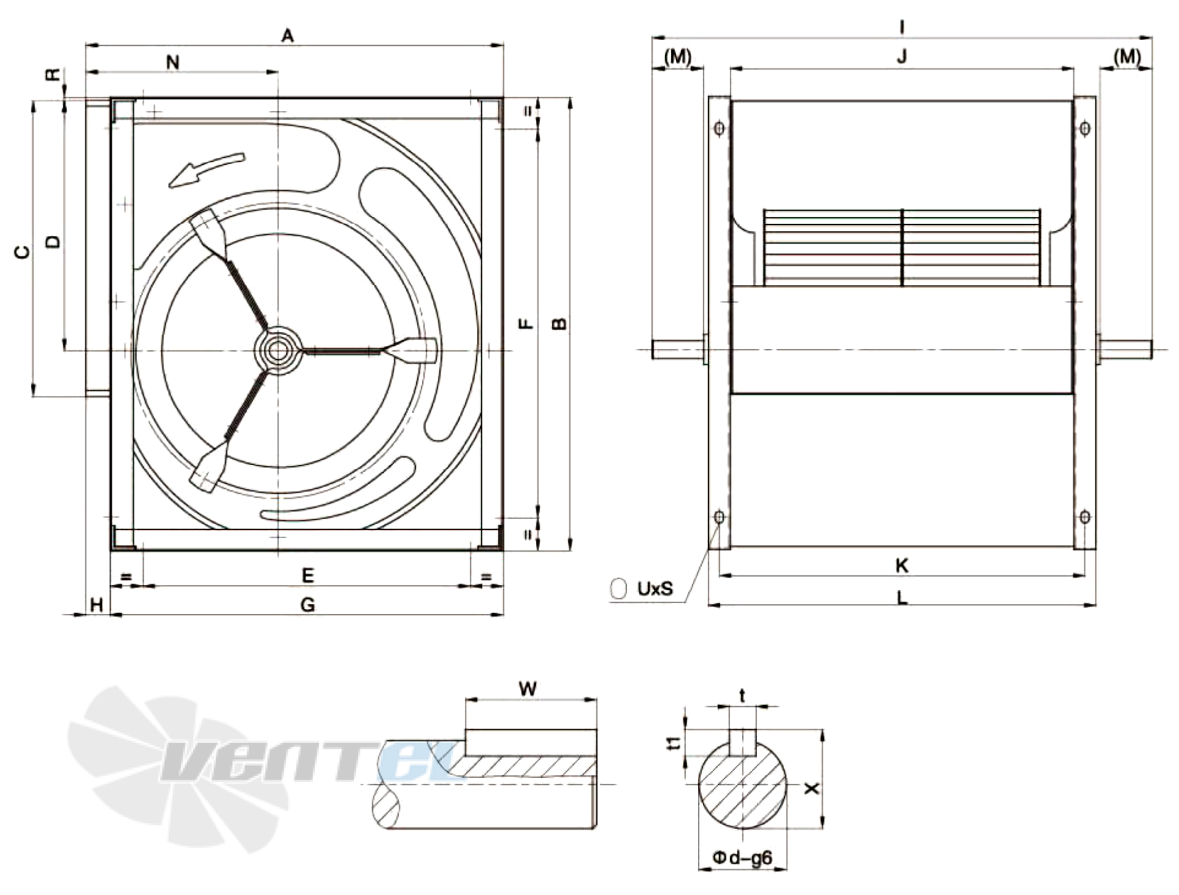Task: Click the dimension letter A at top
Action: (288, 36)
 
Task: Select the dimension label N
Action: (173, 63)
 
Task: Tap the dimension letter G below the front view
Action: (308, 605)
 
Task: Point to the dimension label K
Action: (902, 566)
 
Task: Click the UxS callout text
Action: (655, 589)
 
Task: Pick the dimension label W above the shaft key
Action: (528, 689)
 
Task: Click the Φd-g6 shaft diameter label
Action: (742, 858)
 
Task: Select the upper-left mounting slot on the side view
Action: (720, 129)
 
